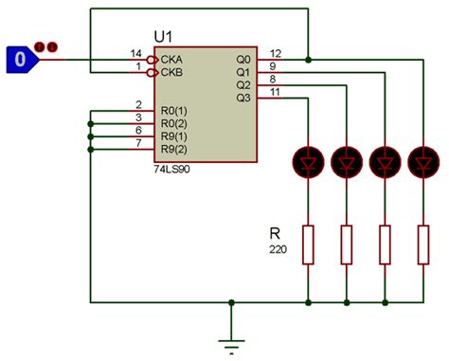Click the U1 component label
164,36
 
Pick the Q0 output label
243,58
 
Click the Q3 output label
243,98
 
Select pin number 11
276,92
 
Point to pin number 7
138,143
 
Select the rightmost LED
422,162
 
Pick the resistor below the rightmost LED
422,244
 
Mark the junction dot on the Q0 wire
310,59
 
